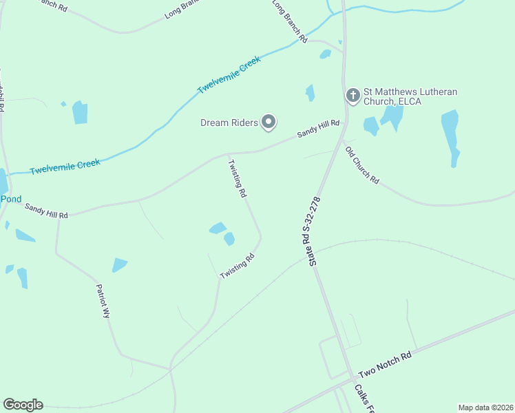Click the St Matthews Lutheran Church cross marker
coord(353,95)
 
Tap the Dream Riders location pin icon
coord(269,123)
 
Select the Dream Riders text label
coord(229,123)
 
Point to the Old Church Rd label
coord(362,165)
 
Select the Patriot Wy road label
coord(103,301)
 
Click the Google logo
coord(23,405)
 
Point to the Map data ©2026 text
coord(485,407)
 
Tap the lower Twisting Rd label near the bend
coord(238,266)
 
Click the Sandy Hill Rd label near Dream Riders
coord(318,129)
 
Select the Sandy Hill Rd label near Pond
coord(46,211)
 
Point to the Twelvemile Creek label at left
coord(65,166)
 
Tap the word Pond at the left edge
coord(10,199)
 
